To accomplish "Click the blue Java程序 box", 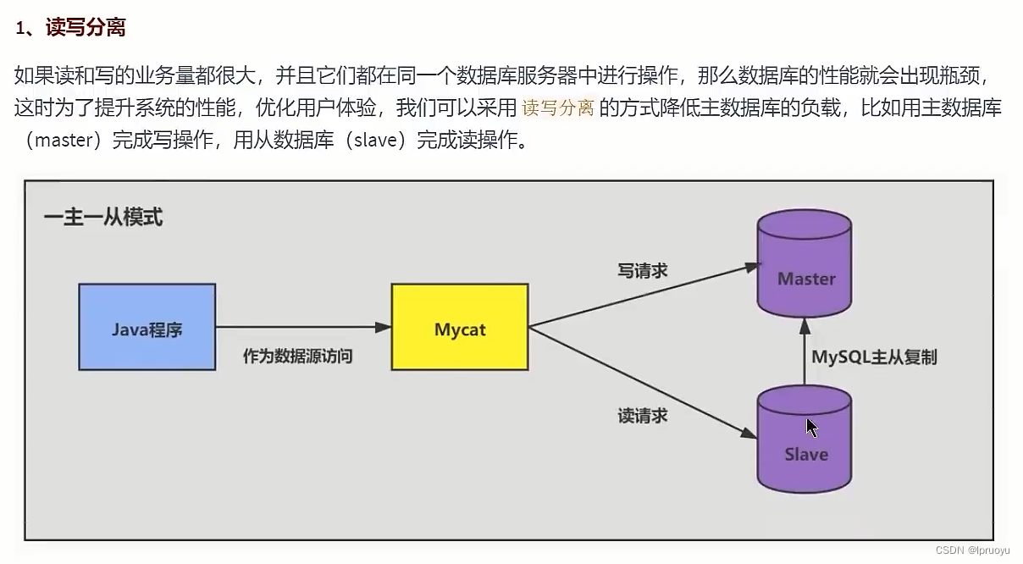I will coord(147,327).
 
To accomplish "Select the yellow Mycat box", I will coord(460,327).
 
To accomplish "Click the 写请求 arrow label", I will coord(643,270).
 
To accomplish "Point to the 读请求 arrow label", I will coord(643,415).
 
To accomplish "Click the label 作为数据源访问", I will coord(297,357).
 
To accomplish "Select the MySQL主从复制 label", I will coord(875,357).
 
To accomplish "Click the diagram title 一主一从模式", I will coord(103,218).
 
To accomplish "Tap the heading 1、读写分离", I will coord(71,28).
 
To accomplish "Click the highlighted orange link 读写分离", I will coord(558,108).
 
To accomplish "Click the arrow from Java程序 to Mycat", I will coord(302,327).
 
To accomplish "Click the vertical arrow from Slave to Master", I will coord(805,351).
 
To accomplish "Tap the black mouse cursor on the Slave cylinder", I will coord(811,427).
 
